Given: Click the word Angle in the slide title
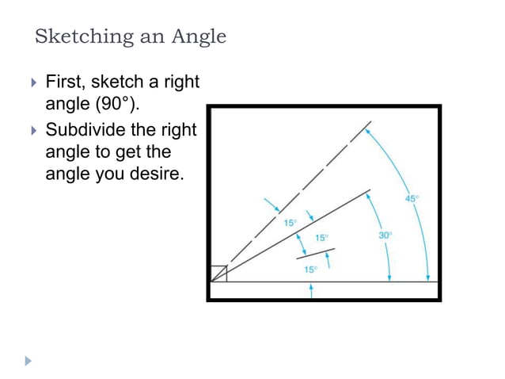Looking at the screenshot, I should point(199,37).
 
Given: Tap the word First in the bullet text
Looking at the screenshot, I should point(65,82).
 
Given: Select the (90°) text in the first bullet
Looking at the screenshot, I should point(125,104).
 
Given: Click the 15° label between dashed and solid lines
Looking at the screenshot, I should point(291,224).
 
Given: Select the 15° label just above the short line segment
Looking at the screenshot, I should point(321,238).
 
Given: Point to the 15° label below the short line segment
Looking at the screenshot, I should point(311,270).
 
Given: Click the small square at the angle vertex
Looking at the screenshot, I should point(219,274).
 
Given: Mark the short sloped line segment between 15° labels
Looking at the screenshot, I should point(315,254).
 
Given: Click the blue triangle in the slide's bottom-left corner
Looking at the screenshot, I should point(30,360).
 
